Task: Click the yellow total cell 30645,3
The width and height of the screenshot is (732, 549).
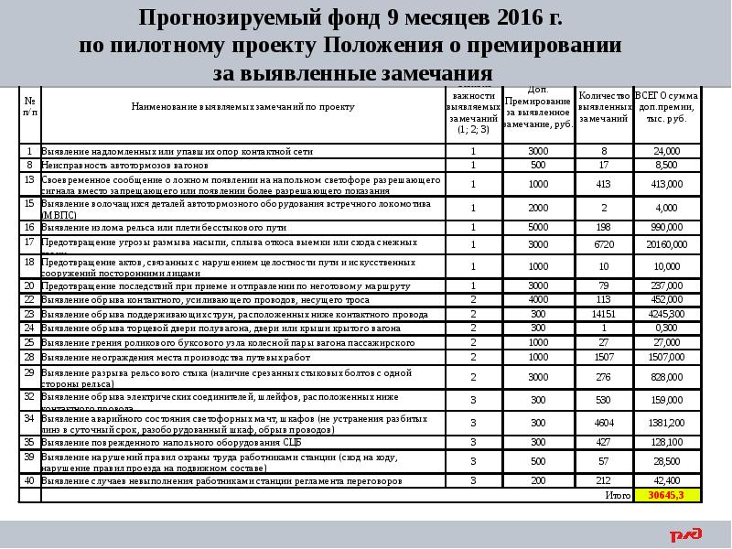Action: coord(666,495)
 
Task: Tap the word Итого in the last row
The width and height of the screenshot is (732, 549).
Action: coord(618,495)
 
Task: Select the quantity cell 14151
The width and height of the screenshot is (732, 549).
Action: coord(603,313)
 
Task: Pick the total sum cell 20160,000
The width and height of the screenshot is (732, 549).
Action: coord(666,244)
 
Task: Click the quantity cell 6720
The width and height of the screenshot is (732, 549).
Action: coord(603,244)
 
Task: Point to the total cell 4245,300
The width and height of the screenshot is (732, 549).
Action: coord(666,313)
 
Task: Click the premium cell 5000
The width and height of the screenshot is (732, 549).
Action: coord(538,226)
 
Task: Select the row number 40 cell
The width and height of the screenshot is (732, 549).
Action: coord(29,479)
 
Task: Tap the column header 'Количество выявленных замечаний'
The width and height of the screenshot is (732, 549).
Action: coord(603,108)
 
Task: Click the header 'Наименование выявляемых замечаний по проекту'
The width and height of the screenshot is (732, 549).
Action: coord(242,107)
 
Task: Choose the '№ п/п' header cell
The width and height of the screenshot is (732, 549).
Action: coord(29,107)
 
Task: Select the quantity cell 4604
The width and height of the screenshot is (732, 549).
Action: coord(603,422)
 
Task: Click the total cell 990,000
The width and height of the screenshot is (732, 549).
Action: coord(666,226)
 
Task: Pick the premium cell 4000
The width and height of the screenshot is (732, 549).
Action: coord(538,298)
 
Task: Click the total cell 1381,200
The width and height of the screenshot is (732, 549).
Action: coord(666,422)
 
